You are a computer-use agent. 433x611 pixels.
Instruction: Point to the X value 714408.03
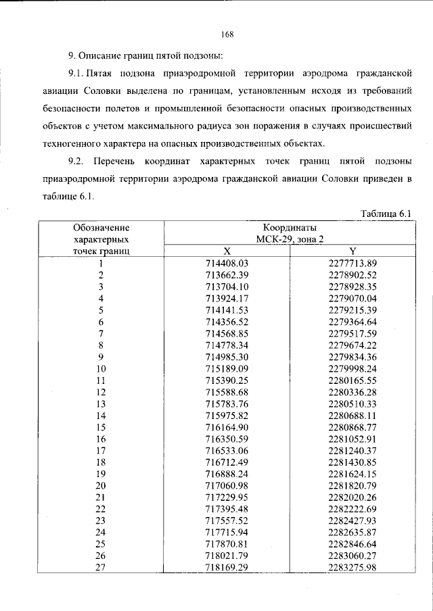click(x=227, y=263)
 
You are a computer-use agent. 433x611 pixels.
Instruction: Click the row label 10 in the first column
click(x=101, y=369)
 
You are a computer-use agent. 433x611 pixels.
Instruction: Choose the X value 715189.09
click(x=227, y=369)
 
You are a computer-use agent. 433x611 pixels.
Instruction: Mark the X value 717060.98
click(x=227, y=487)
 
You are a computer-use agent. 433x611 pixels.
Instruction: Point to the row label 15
click(x=101, y=428)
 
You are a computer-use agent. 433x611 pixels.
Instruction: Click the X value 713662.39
click(x=227, y=274)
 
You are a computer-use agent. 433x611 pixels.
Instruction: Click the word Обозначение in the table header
click(x=101, y=227)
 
